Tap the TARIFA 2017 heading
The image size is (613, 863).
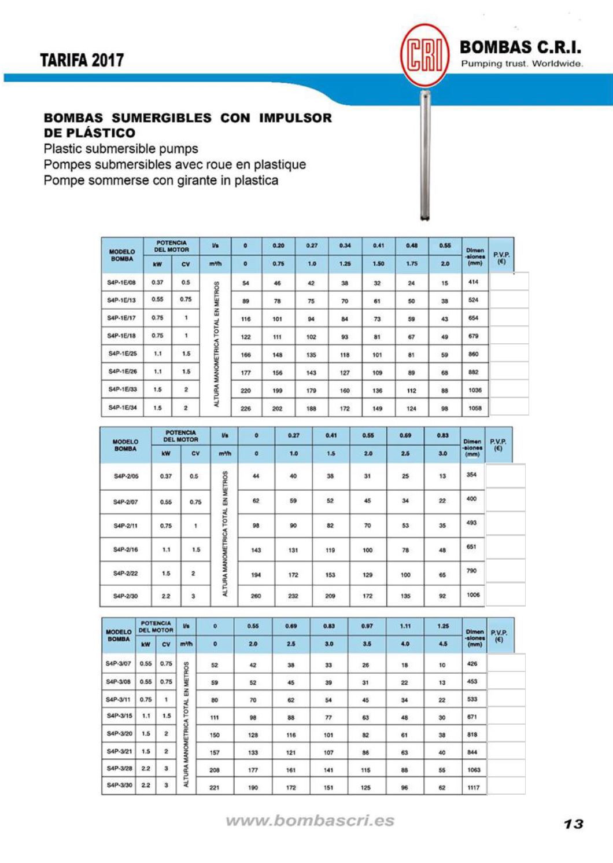click(82, 60)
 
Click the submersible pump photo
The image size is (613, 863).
click(425, 156)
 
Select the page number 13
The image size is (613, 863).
click(573, 824)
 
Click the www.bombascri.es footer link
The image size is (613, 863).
click(310, 821)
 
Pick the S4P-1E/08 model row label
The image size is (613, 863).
click(121, 282)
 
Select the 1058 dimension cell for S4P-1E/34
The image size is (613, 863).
click(475, 408)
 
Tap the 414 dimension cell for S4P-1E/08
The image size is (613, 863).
click(474, 282)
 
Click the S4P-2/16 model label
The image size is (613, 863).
click(125, 549)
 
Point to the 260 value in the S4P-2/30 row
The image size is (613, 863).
click(256, 596)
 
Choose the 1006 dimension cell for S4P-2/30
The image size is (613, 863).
click(473, 595)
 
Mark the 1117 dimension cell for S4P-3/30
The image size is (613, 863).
click(474, 787)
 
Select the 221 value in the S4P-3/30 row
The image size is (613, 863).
click(214, 787)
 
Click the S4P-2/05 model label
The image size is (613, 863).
click(125, 476)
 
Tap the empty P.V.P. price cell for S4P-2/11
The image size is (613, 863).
click(505, 523)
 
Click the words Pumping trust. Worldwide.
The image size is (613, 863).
click(521, 64)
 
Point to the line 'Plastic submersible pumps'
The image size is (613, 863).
click(121, 148)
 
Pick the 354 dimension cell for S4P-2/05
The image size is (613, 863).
click(472, 475)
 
